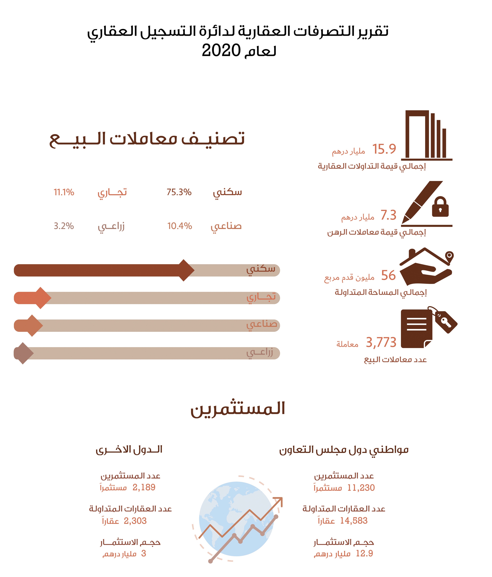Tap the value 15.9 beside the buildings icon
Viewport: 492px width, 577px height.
384,149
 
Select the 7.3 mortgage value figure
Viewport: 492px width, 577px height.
388,215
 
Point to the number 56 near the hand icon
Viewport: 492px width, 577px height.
388,275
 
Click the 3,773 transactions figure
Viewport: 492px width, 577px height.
381,342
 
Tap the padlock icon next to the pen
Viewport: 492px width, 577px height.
440,207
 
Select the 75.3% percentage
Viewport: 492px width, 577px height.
179,192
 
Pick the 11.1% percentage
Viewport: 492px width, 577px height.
64,192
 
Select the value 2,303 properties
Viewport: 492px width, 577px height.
135,521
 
